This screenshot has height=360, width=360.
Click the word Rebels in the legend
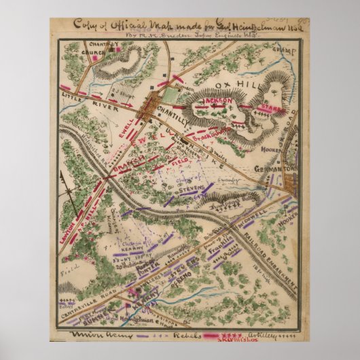[179, 336]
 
